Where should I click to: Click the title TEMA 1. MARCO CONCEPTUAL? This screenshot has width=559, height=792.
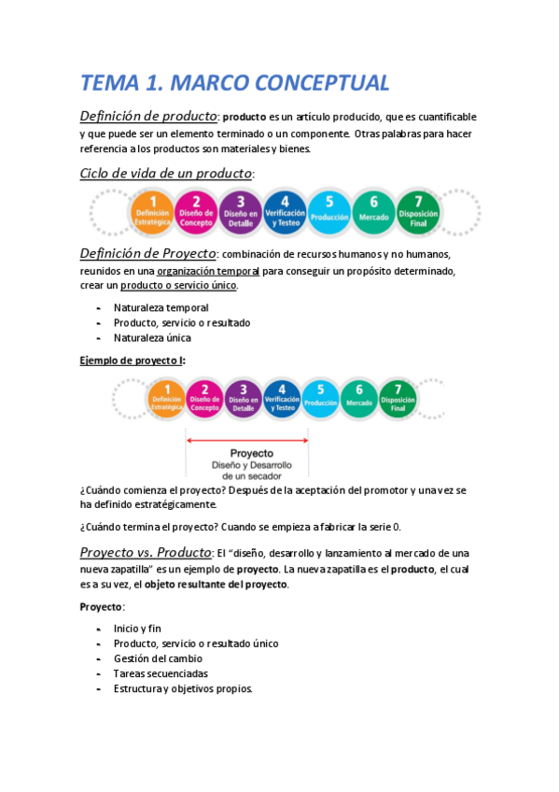234,82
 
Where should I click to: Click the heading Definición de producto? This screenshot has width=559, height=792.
148,117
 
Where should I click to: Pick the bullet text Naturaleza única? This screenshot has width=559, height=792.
152,338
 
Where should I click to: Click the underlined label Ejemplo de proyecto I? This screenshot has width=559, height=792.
133,361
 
